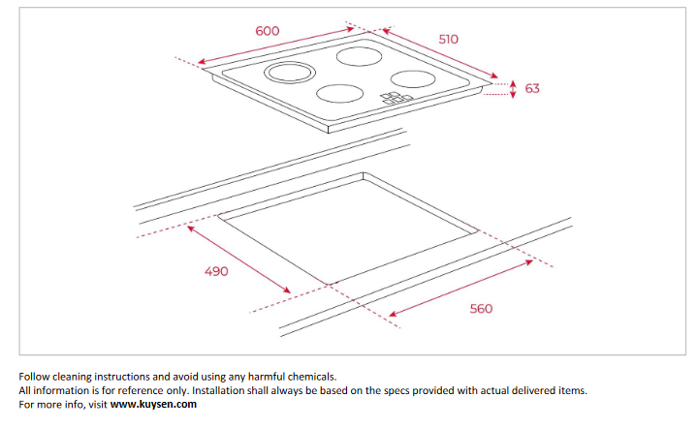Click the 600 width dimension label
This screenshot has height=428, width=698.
[268, 30]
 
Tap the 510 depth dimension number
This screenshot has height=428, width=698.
[448, 39]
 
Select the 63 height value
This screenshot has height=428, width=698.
[532, 88]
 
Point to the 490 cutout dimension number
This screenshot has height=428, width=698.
[216, 271]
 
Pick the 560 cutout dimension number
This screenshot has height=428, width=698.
[481, 308]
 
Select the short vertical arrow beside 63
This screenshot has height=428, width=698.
[514, 87]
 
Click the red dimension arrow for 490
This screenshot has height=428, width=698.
[238, 258]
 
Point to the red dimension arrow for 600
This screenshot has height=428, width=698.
[270, 47]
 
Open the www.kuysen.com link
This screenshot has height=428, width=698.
[153, 405]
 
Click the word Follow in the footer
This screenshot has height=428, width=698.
[36, 376]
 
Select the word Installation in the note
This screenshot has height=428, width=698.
[224, 390]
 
